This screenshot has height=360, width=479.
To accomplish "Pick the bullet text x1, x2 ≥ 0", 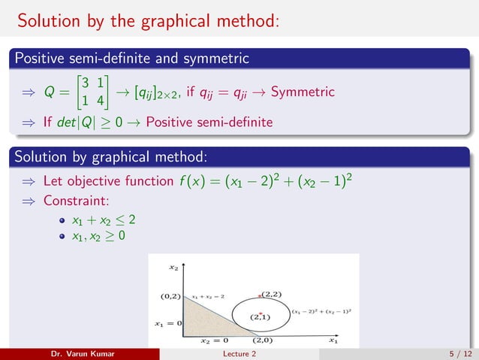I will point(98,237).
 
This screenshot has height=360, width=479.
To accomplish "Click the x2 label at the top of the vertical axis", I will point(173,267).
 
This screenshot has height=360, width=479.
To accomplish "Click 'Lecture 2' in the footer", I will point(239,353).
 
